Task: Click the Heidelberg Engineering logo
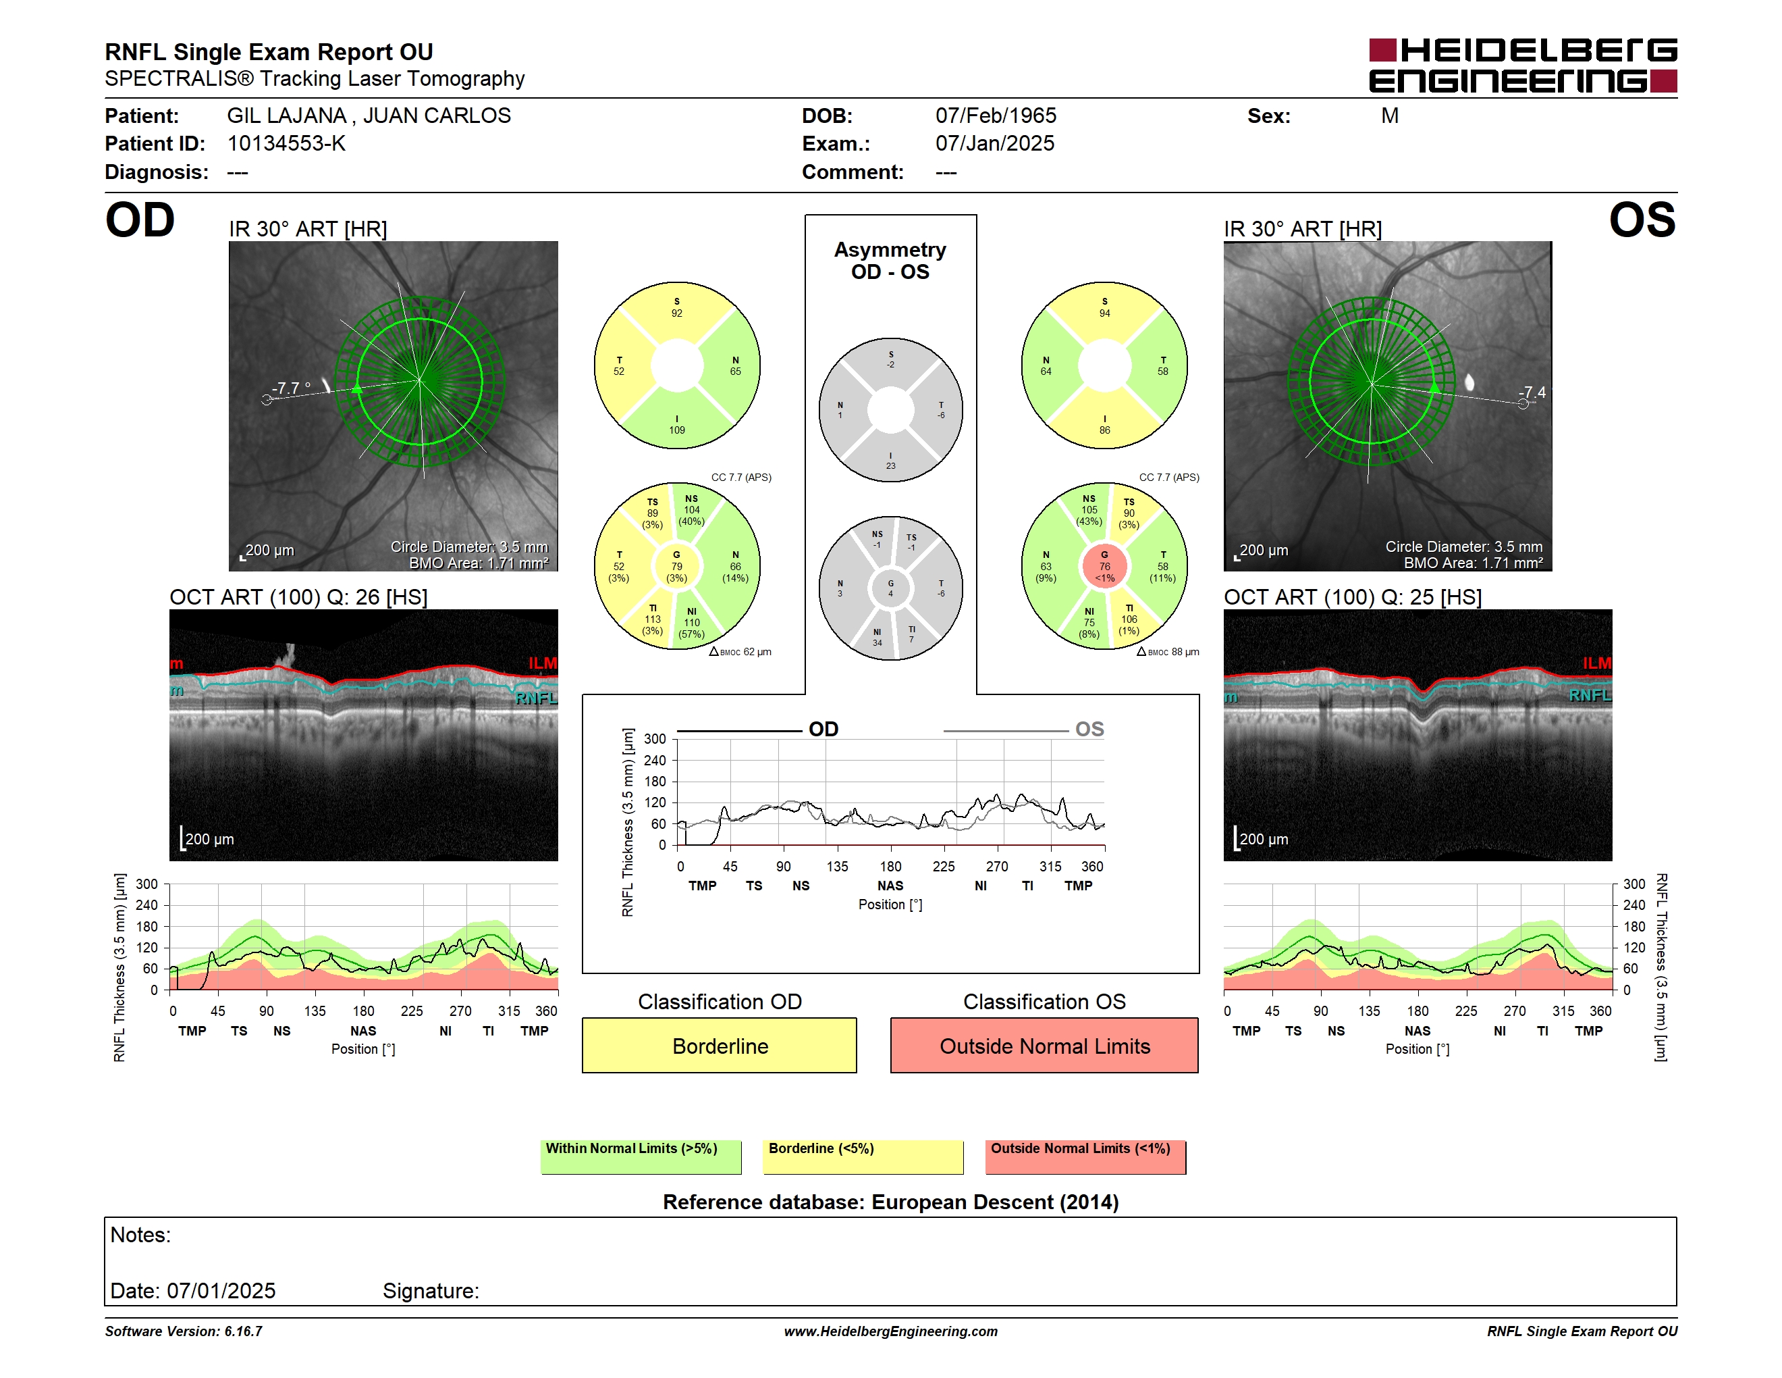(x=1523, y=66)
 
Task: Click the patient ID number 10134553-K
(x=286, y=144)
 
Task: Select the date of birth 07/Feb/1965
(x=996, y=116)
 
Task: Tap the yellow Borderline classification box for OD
(x=719, y=1045)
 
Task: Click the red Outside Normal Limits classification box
(x=1044, y=1045)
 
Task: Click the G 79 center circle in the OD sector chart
(x=676, y=566)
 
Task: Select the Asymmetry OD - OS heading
(x=890, y=261)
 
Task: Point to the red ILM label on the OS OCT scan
(x=1597, y=663)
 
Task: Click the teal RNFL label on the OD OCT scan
(x=536, y=698)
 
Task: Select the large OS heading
(x=1642, y=220)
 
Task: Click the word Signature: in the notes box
(x=431, y=1291)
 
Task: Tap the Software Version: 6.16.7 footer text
(x=184, y=1331)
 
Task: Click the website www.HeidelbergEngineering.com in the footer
(x=891, y=1331)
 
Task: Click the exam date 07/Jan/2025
(x=995, y=144)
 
